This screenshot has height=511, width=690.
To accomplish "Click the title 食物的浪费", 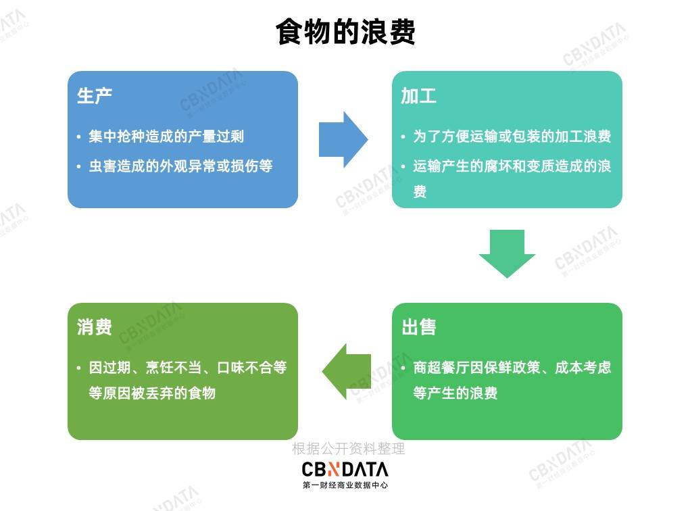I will pos(345,32).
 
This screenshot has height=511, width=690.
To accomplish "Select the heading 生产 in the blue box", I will pos(95,96).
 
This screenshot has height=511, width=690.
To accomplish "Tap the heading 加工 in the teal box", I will pos(418,96).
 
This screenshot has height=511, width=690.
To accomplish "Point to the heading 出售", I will pos(418,328).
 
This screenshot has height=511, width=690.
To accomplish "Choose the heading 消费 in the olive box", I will pos(95,328).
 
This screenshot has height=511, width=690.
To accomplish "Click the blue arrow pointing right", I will pos(343,140).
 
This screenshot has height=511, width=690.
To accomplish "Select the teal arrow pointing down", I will pos(507,253).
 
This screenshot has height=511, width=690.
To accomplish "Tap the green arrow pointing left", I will pos(346,371).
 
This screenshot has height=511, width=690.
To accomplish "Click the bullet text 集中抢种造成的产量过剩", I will pos(166,137).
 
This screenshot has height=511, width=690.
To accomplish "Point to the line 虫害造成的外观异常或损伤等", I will pos(180,166).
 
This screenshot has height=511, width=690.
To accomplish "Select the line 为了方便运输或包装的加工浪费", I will pos(512,137).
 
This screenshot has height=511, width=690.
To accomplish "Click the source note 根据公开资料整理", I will pos(348,449).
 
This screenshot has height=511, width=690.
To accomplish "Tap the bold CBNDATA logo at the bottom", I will pos(345,469).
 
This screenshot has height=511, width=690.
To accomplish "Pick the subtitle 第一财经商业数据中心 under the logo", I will pos(345,485).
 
